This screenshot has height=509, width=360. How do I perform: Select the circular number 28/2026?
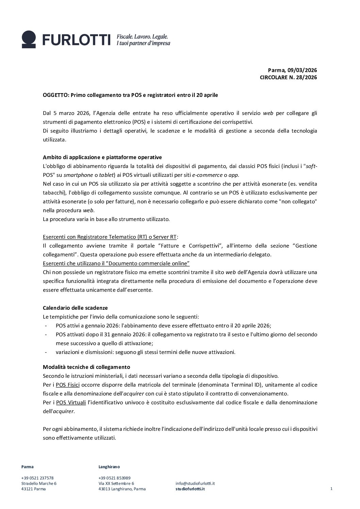point(305,78)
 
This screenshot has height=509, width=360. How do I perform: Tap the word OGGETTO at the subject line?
point(55,95)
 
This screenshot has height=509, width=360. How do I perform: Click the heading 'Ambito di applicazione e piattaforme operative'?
point(102,157)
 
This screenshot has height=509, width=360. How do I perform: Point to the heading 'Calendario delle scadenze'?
point(75,308)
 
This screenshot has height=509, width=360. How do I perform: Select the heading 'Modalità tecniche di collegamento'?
point(86,367)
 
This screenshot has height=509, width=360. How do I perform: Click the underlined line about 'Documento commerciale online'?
point(116,264)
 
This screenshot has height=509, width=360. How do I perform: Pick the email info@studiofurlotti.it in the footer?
point(195,483)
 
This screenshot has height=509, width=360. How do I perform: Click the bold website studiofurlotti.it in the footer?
point(190,489)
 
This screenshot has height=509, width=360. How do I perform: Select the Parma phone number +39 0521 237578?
point(37,478)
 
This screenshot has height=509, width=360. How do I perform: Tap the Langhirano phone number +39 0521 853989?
point(114,478)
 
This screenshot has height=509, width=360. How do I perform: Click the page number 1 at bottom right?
point(331,489)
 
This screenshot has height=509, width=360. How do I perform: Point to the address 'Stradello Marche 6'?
point(39,483)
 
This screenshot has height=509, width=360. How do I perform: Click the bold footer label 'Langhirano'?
point(109,467)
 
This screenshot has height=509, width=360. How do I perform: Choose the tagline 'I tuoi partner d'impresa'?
point(143,44)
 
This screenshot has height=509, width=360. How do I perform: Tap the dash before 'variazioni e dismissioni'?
point(46,352)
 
